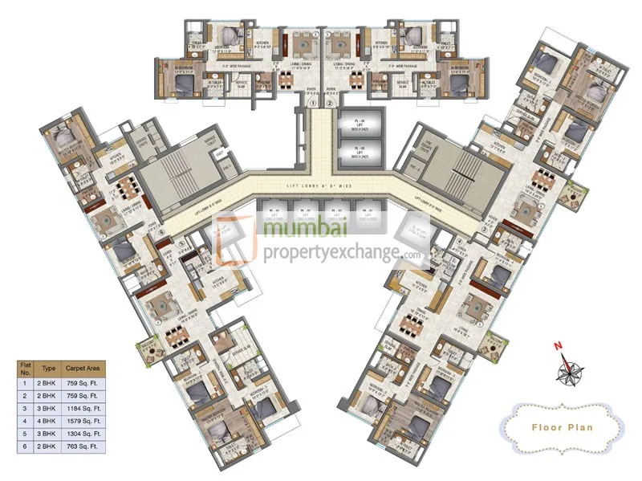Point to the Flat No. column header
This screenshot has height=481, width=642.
(25, 368)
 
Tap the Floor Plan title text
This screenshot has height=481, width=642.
(562, 426)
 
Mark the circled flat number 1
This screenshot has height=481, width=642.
(314, 103)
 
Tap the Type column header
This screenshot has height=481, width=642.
(49, 368)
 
